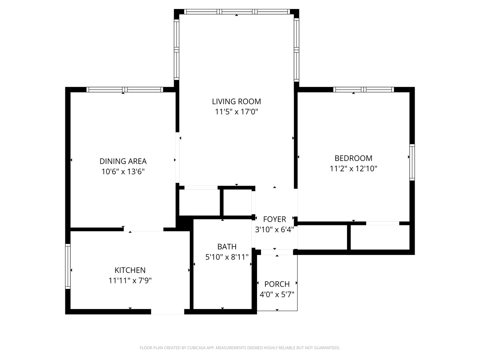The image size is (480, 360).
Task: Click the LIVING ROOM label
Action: (236, 101)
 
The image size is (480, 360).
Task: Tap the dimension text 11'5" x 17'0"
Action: (236, 112)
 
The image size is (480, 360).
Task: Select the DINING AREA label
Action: (123, 161)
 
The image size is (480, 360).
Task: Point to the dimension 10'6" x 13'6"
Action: (123, 172)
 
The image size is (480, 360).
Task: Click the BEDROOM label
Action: (353, 158)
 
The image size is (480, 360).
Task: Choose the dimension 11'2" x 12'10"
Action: (353, 169)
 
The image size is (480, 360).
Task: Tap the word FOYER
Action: (274, 219)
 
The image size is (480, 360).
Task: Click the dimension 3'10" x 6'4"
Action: (274, 230)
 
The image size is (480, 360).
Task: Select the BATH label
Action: (227, 247)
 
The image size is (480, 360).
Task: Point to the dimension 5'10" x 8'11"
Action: (227, 257)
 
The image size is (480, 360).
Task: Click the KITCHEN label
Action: (130, 270)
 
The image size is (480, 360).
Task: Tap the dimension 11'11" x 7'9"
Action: (130, 280)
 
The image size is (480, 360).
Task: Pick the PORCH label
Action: (277, 284)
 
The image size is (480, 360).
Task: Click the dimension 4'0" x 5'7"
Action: (277, 294)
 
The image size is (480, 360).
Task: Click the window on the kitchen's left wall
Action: (68, 266)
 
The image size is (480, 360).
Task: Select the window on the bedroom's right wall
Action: (412, 162)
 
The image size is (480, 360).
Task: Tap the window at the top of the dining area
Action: (125, 90)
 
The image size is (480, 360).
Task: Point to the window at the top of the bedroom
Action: (363, 90)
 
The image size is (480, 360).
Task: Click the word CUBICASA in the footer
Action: (196, 348)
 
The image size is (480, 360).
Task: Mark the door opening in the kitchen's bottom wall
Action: (168, 312)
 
